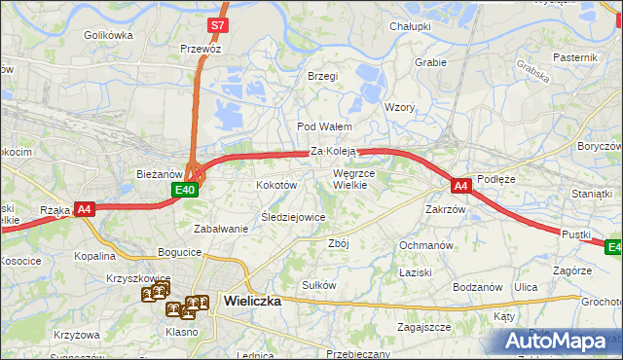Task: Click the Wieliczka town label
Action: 252,301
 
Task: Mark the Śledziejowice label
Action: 293,217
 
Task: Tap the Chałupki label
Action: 410,26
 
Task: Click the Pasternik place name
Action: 574,58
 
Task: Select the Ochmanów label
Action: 426,245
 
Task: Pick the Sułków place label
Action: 319,285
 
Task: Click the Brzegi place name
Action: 322,76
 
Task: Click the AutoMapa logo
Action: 556,342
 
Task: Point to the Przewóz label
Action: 201,49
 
